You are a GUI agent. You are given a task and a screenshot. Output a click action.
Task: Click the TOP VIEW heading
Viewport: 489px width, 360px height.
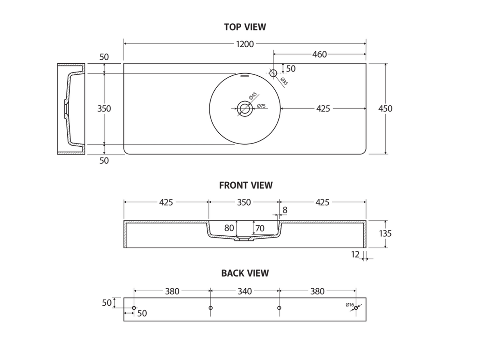tap(245, 27)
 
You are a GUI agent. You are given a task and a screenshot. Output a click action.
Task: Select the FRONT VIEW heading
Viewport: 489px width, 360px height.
tap(246, 185)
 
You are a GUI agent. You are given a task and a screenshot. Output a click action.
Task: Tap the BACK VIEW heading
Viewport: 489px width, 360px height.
tap(245, 273)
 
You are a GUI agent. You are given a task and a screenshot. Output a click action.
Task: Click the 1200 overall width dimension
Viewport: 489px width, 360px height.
tap(245, 44)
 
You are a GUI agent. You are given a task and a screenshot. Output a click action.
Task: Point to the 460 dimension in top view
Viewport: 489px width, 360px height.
tap(319, 54)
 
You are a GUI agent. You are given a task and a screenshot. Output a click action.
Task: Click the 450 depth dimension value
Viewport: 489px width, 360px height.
tap(385, 108)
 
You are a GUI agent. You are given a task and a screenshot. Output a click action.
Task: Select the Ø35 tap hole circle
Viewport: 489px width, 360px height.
tap(274, 73)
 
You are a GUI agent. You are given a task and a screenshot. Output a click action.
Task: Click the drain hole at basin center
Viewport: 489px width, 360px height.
tap(244, 108)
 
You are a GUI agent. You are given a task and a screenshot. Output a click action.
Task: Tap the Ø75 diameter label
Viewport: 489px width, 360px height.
tap(261, 106)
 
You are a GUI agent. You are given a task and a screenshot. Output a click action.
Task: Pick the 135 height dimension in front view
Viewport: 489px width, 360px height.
tap(385, 233)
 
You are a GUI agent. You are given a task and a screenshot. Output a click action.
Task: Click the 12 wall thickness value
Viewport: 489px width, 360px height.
tap(355, 254)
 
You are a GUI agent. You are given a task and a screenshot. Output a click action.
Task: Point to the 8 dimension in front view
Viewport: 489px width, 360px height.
tap(285, 210)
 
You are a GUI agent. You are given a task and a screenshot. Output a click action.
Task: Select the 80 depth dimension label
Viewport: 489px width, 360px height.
tap(229, 228)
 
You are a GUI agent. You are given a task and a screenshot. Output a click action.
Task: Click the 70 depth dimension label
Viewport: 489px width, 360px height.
tap(260, 229)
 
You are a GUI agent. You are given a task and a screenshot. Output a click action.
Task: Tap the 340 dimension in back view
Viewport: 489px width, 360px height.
tap(244, 291)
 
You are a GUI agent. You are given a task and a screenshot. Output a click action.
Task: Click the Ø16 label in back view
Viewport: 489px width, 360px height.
tap(349, 305)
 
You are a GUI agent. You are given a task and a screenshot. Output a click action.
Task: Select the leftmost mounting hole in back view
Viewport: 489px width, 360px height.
tap(134, 308)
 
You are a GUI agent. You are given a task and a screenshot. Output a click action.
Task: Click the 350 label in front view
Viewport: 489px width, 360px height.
tap(244, 202)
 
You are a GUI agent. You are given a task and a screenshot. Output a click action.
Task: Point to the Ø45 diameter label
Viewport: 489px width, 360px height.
tap(253, 96)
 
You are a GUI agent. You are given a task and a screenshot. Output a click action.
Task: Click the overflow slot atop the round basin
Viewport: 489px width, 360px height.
tap(245, 75)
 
